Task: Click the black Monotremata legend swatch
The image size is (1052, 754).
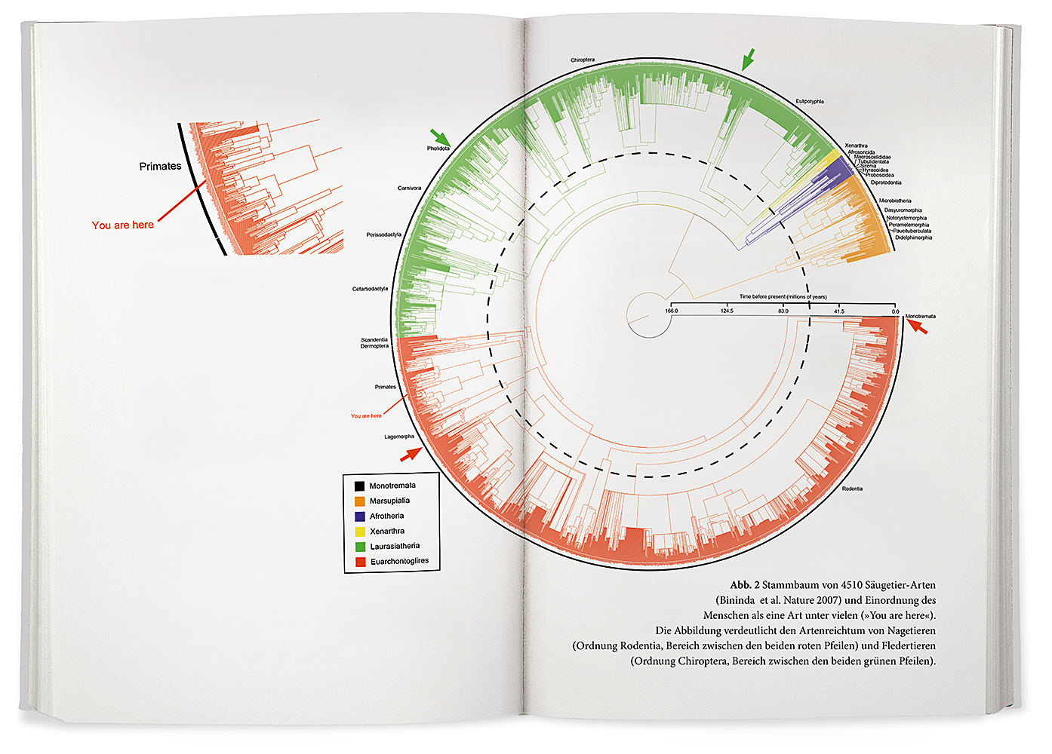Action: [360, 486]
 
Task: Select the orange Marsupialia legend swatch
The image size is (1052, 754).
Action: [360, 501]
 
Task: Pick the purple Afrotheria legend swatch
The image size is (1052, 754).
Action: [360, 516]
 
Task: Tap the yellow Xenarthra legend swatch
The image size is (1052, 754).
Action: [360, 532]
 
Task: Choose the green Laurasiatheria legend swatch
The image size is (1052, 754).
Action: [360, 547]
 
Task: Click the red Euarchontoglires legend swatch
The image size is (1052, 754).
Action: [360, 562]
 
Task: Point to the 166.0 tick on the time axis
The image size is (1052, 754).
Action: [672, 311]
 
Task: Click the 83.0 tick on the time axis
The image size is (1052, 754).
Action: [783, 311]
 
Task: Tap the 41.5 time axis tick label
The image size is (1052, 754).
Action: [839, 311]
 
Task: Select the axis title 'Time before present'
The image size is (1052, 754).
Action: [783, 297]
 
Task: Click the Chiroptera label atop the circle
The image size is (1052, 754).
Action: [583, 60]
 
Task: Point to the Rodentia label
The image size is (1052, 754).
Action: [852, 489]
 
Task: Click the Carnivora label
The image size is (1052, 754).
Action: [410, 188]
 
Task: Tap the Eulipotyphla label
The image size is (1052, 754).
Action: [810, 101]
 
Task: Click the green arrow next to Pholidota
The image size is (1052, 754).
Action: [440, 138]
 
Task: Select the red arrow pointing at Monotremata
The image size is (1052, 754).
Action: [917, 326]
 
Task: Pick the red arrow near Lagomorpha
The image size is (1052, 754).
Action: [411, 453]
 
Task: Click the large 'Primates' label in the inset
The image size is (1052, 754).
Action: [160, 166]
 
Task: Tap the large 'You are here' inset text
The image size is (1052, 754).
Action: [123, 225]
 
